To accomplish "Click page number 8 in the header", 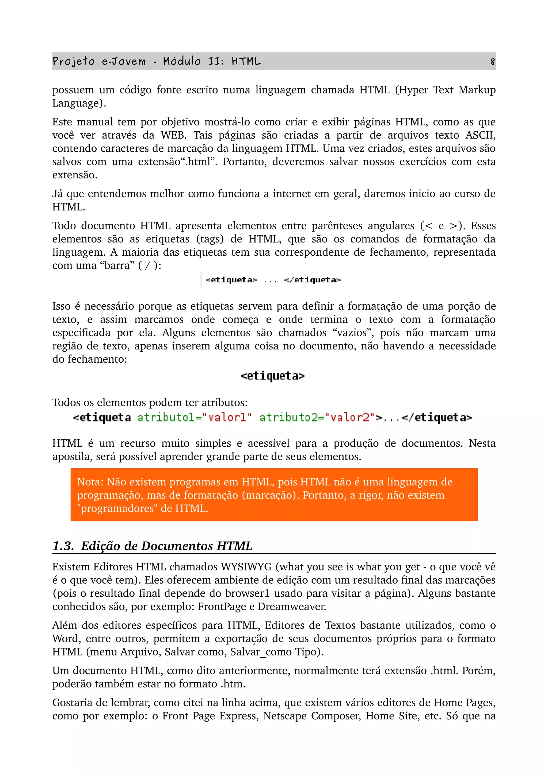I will (x=493, y=62).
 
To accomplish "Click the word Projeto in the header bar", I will (x=73, y=62).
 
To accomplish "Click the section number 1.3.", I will (x=63, y=546).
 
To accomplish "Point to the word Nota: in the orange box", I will (x=90, y=482).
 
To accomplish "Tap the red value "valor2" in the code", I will (x=349, y=417).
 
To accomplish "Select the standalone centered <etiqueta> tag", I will (x=272, y=376).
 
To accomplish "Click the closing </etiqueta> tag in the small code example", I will (x=312, y=280).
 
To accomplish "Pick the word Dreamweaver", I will (x=292, y=607).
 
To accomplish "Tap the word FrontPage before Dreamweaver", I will (x=222, y=607).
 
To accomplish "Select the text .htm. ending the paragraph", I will (x=233, y=684).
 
